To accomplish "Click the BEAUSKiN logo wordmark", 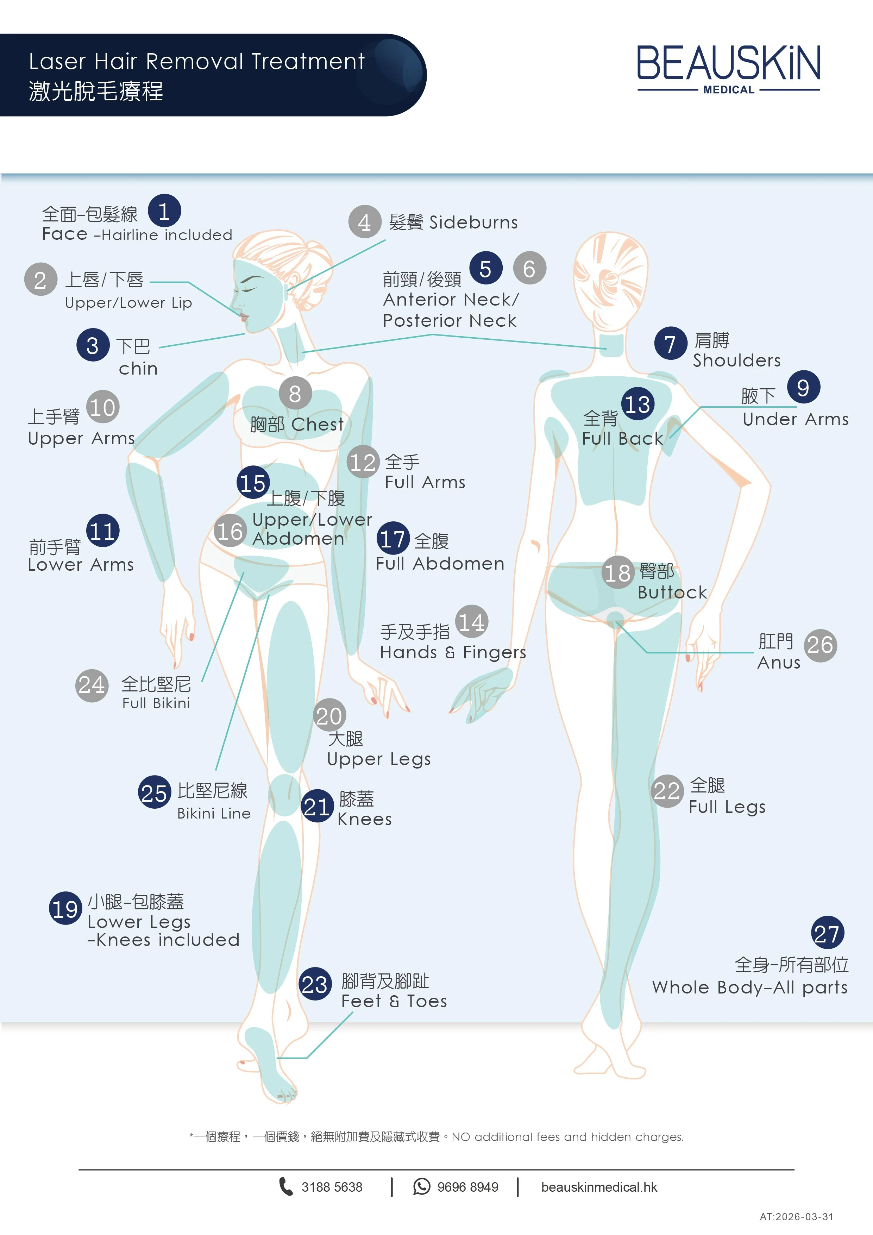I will tap(728, 63).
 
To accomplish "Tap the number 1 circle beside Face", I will tap(164, 211).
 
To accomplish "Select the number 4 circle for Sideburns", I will tap(365, 221).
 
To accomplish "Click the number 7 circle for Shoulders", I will tap(670, 343).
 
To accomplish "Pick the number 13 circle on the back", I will tap(638, 404).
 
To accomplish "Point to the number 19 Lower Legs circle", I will tap(65, 909).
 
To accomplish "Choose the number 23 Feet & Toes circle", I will tap(315, 984).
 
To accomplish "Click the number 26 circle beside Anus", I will tap(820, 645).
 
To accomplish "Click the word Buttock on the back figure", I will tap(672, 592).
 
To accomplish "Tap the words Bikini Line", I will tap(214, 813).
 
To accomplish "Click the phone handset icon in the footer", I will tap(285, 1186).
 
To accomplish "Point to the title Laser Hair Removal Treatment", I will tap(197, 61).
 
